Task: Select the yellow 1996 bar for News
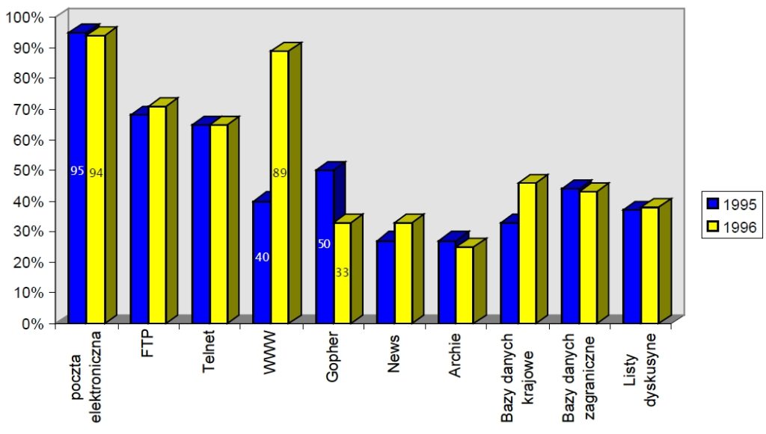tap(403, 273)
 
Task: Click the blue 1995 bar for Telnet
tap(200, 223)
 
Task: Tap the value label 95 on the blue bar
tap(77, 171)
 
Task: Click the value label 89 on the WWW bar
tap(281, 173)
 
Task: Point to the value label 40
tap(263, 258)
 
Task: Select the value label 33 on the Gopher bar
tap(342, 273)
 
